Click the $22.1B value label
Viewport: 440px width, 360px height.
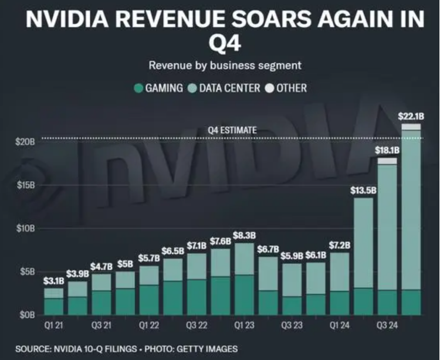411,116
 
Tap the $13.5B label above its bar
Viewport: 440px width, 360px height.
363,191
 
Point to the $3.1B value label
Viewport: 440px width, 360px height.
54,281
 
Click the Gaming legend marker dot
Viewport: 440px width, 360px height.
138,89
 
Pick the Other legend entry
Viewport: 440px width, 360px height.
286,89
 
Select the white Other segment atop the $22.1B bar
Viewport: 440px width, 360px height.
411,127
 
